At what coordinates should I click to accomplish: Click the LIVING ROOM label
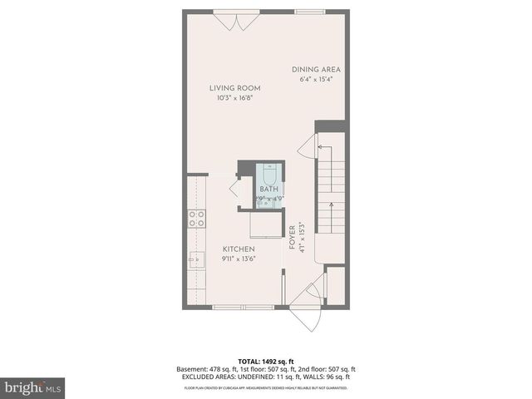pos(235,87)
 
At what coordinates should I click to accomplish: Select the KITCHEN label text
pos(238,249)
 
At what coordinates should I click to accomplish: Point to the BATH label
pos(268,190)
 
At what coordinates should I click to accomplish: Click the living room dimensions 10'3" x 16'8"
pos(235,98)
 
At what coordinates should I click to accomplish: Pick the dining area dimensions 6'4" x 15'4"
pos(317,80)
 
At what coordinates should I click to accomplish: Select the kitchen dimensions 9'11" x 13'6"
pos(238,259)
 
